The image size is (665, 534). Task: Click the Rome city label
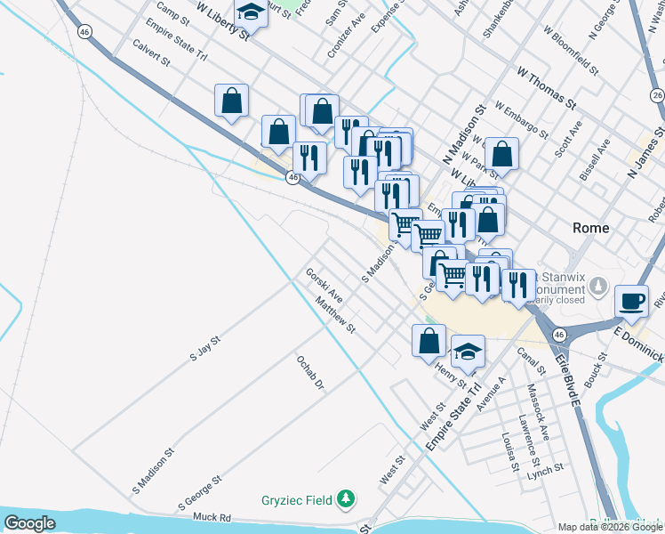590,228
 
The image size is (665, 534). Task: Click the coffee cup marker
631,300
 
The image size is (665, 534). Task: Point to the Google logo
29,523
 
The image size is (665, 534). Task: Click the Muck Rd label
212,517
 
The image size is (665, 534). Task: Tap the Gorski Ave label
324,285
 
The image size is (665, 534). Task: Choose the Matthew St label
335,315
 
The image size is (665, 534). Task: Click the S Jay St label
204,348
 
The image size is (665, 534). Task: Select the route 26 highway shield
657,95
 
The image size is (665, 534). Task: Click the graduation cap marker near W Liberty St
252,12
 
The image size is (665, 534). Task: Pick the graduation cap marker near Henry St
468,352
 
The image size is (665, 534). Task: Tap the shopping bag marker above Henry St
429,340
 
